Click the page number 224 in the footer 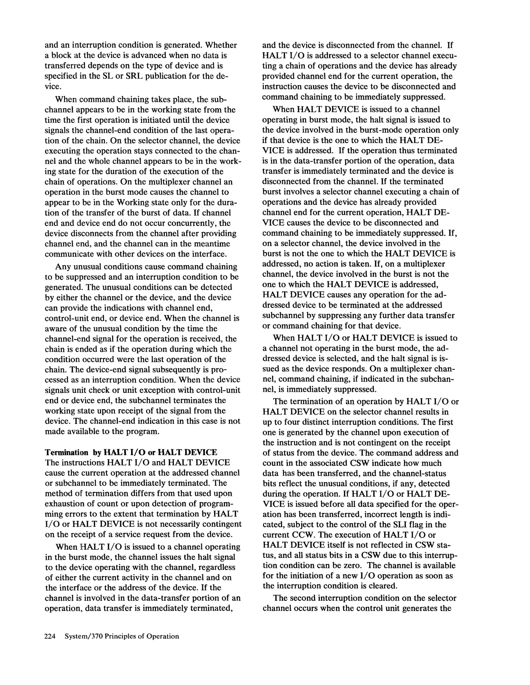[x=50, y=636]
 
